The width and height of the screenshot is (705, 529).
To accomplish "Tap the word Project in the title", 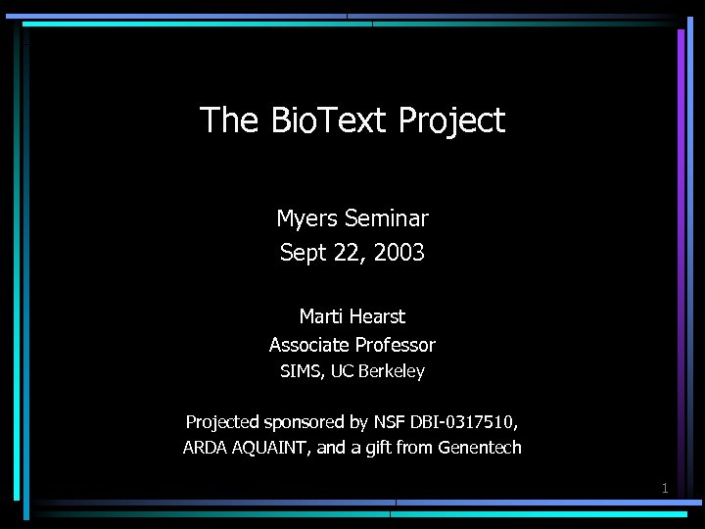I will coord(451,120).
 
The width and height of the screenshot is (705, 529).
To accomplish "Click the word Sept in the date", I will coord(302,253).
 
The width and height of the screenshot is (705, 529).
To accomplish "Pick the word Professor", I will coord(396,345).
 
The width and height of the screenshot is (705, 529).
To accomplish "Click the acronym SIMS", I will coord(300,372).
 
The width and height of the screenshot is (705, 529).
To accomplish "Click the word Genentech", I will coord(480,449).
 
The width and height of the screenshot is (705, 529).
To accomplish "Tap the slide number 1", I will coord(665,488).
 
